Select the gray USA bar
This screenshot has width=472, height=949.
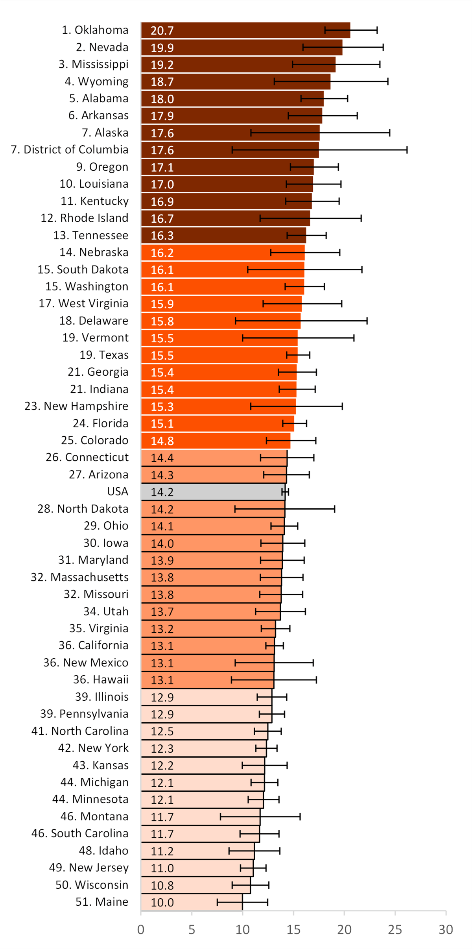point(212,492)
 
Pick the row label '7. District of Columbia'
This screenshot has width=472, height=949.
point(70,150)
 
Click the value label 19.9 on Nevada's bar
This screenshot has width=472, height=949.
point(162,48)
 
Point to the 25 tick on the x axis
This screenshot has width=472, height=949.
point(395,930)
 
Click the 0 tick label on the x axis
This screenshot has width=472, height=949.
point(141,930)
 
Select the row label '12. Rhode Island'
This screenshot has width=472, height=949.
point(85,218)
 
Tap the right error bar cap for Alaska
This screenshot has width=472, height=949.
point(389,133)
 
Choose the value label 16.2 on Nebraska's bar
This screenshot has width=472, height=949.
point(162,253)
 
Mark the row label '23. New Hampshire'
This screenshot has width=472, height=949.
point(76,406)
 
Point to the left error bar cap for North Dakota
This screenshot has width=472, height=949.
point(235,509)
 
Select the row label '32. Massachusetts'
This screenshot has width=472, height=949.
point(80,577)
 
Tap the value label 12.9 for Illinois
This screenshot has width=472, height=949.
point(162,697)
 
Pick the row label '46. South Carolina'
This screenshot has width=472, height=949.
point(80,833)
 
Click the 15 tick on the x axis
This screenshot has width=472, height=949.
point(293,930)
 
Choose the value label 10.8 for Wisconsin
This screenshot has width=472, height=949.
point(162,885)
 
